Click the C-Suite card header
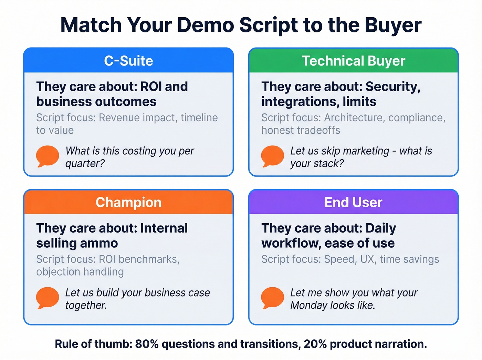[x=128, y=61]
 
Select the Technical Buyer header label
[x=354, y=61]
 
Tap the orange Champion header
[x=128, y=203]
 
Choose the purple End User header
[x=354, y=203]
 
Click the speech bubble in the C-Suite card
[x=48, y=156]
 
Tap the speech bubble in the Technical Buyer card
[x=272, y=156]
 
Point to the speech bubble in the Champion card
[x=48, y=298]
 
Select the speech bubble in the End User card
[x=272, y=298]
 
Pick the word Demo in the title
[x=206, y=25]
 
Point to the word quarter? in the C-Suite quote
[x=85, y=164]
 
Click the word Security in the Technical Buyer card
[x=392, y=87]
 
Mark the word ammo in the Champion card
[x=103, y=244]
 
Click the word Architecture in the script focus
[x=353, y=118]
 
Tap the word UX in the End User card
[x=367, y=259]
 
